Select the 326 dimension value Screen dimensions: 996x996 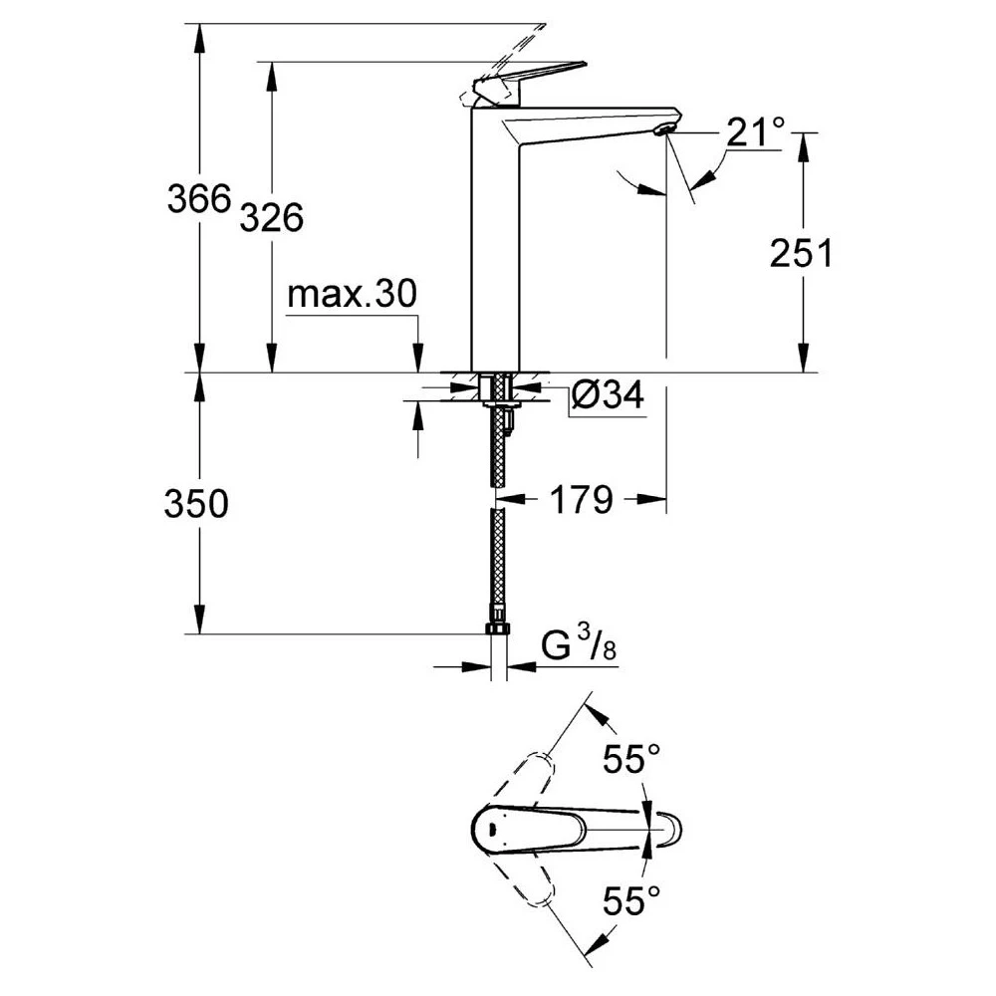point(272,216)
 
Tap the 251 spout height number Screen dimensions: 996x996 point(800,254)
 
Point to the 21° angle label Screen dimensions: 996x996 point(754,131)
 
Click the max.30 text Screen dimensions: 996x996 point(352,296)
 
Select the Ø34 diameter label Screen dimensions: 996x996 point(607,396)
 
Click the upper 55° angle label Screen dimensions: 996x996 point(629,761)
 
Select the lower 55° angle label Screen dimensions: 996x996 point(629,902)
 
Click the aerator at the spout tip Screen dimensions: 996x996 point(664,129)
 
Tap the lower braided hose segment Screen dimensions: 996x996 point(497,568)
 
